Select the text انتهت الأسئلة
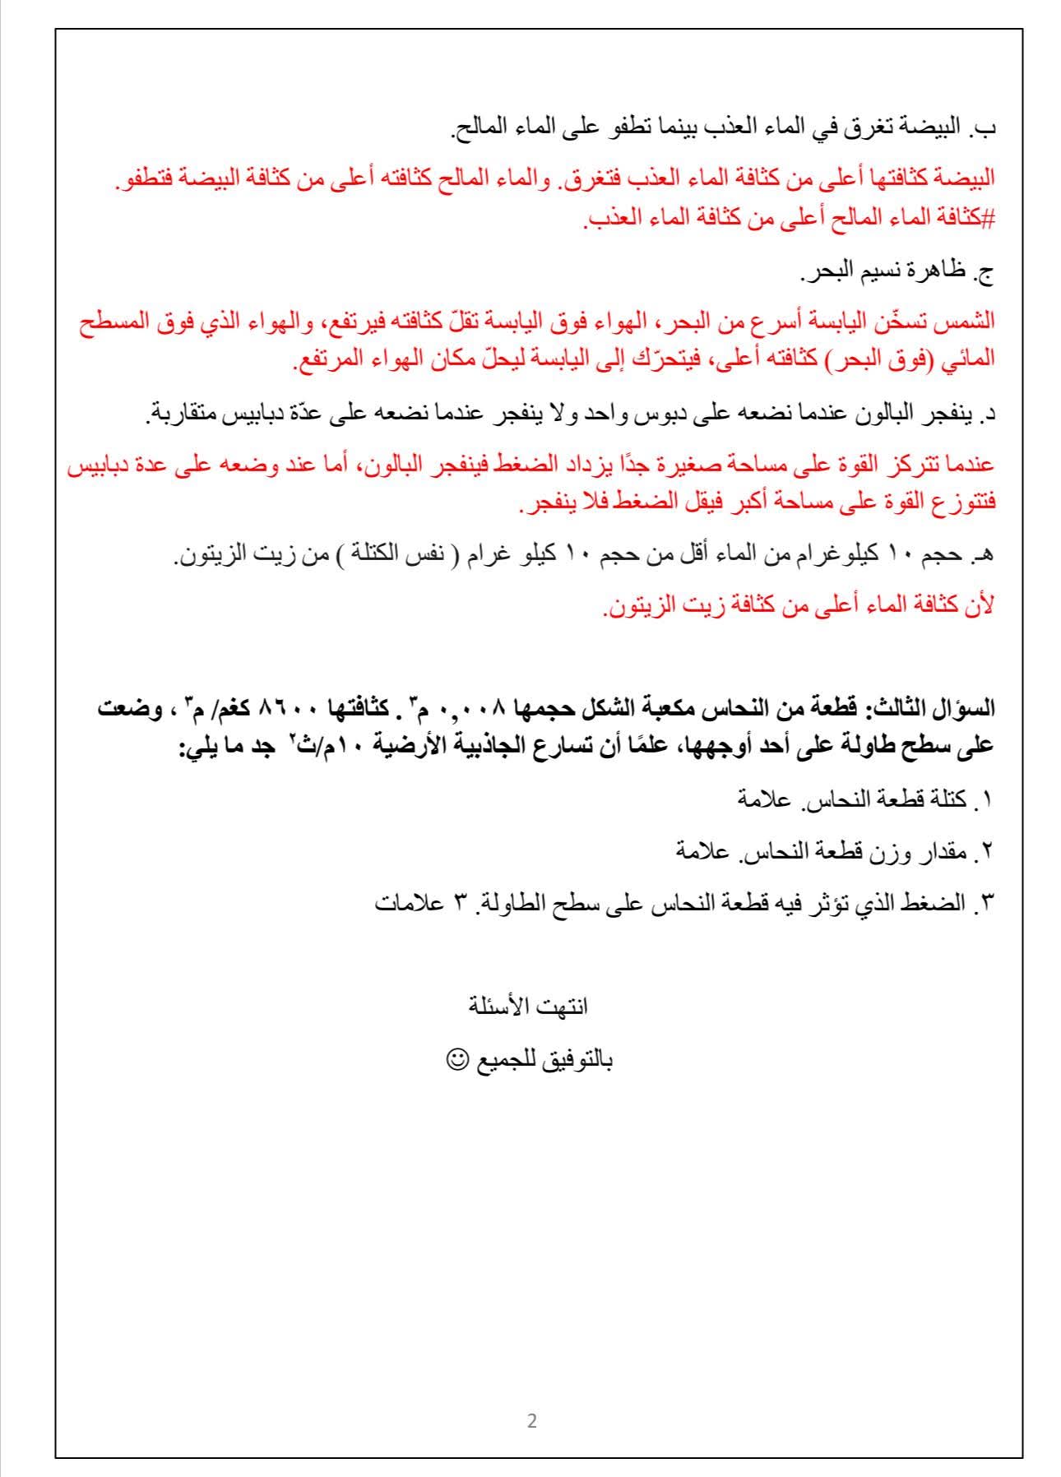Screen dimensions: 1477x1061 click(x=527, y=1006)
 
